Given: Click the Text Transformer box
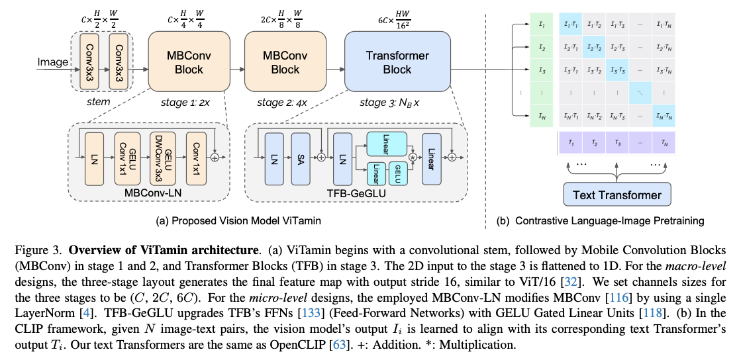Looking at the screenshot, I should (x=616, y=195).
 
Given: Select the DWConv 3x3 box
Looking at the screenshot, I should (x=159, y=157).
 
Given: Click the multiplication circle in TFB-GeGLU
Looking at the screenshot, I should (x=412, y=157).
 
